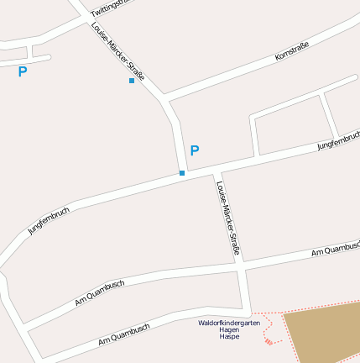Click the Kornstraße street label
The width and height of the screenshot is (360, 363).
293,51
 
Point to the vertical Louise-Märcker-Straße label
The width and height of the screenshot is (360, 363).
228,218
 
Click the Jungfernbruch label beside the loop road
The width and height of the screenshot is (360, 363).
337,140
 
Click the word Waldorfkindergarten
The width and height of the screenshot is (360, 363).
224,323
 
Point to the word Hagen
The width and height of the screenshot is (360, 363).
229,329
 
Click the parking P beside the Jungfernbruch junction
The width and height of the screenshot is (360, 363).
195,151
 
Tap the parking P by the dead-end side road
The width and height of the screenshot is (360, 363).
23,72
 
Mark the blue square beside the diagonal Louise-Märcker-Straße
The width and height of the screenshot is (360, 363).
132,81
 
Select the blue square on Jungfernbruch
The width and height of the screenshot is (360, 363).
182,173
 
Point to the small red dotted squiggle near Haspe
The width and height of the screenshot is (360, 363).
268,339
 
